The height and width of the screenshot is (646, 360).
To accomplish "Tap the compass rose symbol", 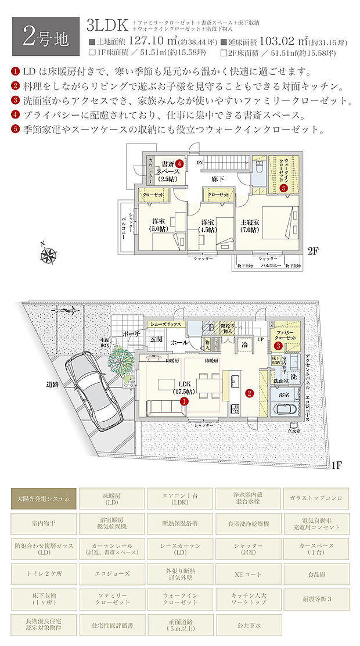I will coord(49,254).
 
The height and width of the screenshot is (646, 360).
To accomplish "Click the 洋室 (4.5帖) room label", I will coord(207,225).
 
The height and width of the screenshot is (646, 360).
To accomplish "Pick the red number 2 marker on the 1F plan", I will coord(250,393).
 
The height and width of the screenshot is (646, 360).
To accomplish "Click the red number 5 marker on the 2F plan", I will coord(283,188).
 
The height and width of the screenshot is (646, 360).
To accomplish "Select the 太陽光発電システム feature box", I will coord(44,498).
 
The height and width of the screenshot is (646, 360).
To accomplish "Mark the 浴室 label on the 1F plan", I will coord(285,394).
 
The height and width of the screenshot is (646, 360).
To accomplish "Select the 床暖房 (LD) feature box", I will coord(111,498).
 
